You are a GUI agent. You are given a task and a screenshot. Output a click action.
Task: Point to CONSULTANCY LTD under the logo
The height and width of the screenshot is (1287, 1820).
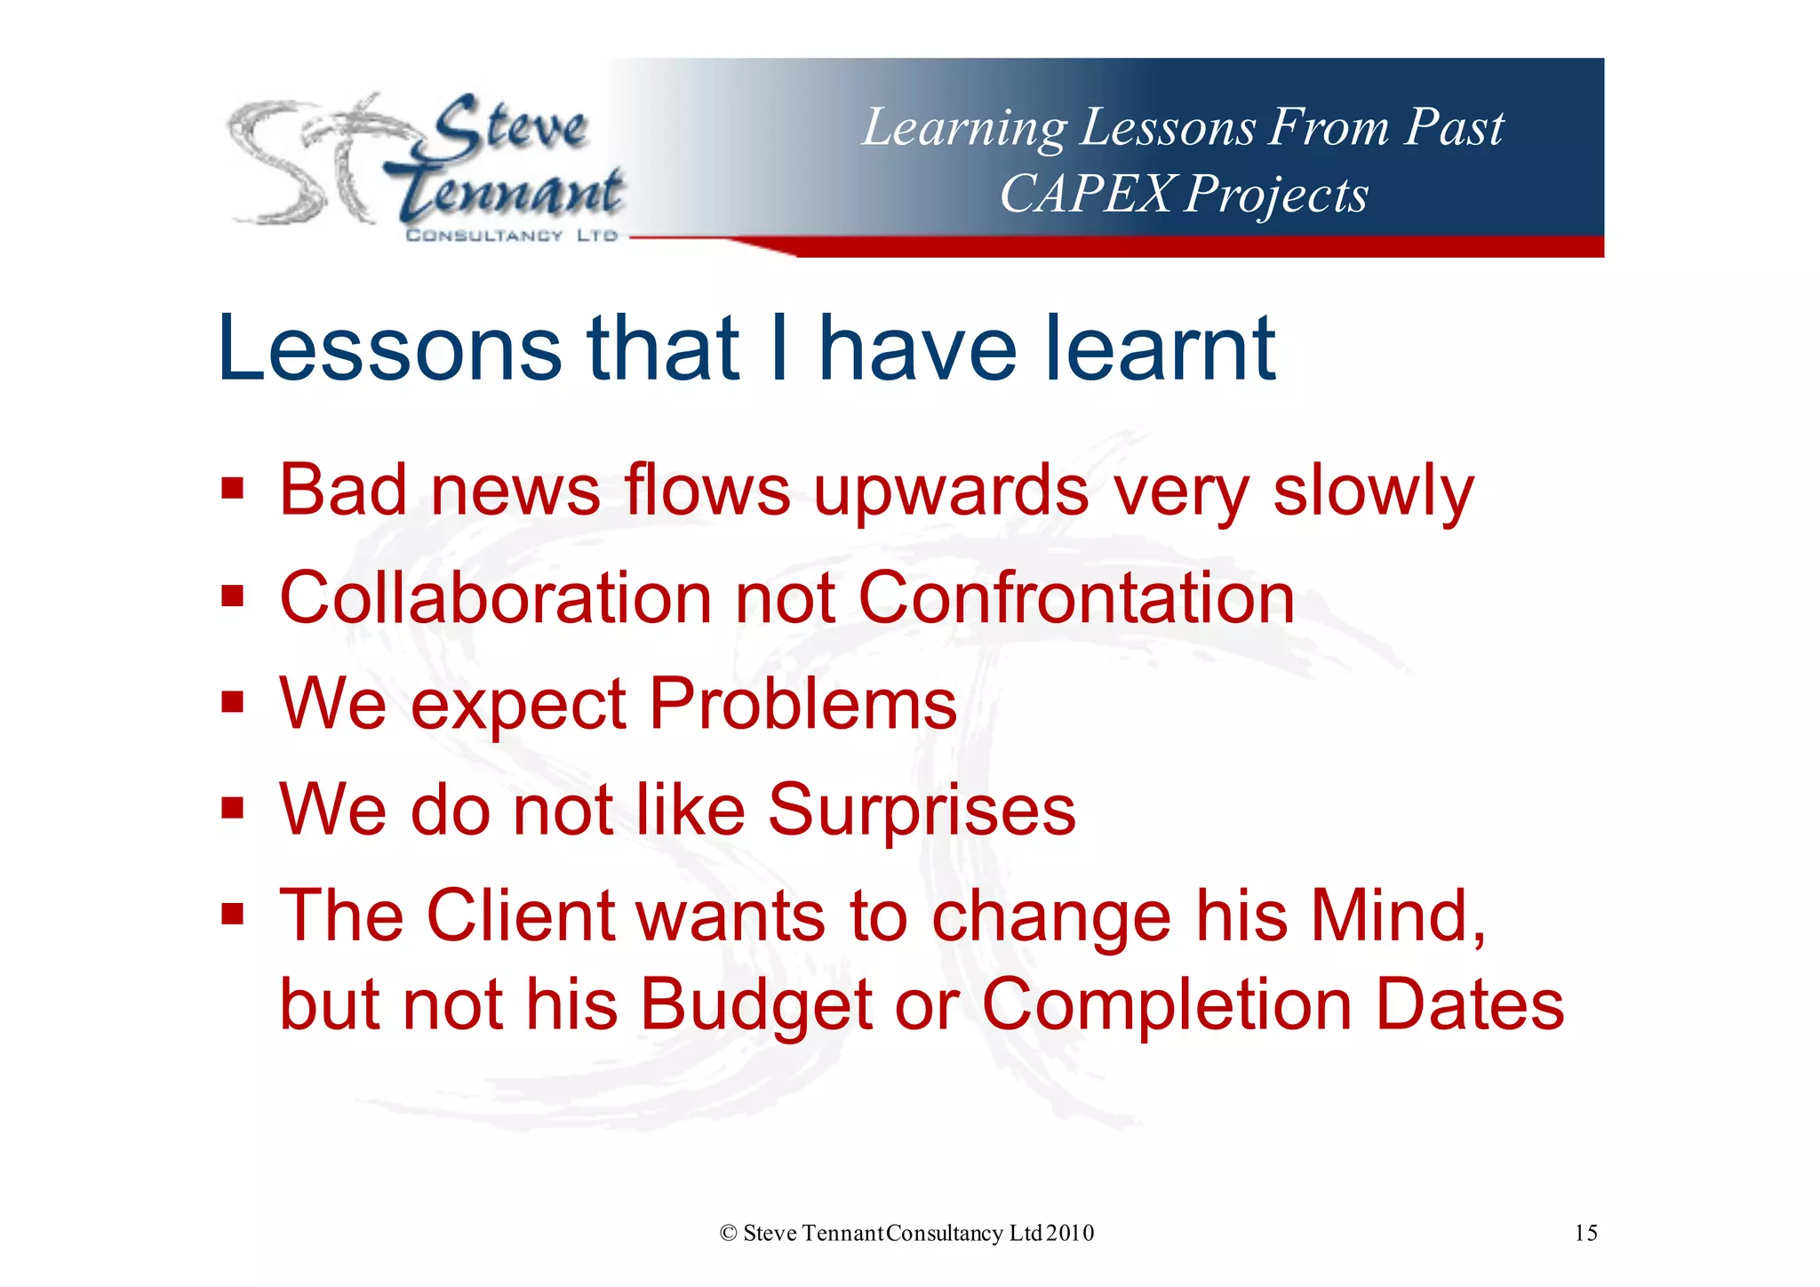[511, 236]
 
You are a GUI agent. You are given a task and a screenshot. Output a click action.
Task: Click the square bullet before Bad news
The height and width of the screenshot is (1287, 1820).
[233, 489]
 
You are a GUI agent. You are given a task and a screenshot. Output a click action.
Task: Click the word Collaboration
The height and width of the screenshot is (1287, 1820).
[495, 598]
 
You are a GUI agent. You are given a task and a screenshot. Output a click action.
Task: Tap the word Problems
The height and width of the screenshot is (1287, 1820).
[802, 705]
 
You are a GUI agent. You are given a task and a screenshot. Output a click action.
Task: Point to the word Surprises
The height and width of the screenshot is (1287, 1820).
[922, 811]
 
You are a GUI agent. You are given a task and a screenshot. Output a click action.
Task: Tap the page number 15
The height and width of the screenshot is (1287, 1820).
[1585, 1233]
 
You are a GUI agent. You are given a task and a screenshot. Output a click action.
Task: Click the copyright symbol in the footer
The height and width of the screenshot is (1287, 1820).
[729, 1234]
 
